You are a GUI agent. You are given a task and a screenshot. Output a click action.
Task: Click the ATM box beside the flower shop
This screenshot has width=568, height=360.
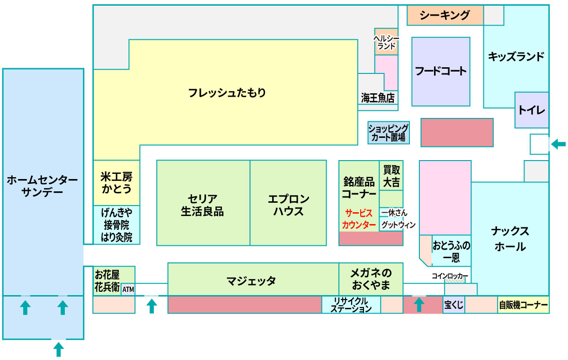(128, 289)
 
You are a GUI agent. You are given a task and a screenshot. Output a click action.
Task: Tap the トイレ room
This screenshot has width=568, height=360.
(532, 110)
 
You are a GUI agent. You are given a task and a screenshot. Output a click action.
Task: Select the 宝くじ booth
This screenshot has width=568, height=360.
(453, 305)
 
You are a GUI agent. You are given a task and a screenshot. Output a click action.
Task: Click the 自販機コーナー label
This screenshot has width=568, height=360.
(524, 305)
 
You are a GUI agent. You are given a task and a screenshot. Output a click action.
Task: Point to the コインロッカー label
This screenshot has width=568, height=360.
(450, 276)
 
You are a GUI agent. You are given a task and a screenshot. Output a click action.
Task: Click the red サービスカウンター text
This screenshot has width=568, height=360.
(359, 219)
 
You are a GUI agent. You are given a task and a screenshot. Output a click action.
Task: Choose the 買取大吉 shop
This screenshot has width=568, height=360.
(391, 176)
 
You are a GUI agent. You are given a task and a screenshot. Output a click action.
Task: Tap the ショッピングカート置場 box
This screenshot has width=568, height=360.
(389, 133)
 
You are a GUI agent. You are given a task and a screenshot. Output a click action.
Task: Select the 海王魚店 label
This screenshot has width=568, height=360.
(378, 98)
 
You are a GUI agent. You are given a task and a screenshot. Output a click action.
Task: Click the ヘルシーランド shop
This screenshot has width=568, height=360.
(386, 42)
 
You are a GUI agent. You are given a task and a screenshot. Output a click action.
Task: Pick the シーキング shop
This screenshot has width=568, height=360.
(445, 15)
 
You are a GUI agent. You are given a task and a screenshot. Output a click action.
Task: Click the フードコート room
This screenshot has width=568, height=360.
(441, 72)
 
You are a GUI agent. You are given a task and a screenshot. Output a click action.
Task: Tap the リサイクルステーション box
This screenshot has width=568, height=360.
(351, 305)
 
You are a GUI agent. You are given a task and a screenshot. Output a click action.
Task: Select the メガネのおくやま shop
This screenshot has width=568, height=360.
(371, 279)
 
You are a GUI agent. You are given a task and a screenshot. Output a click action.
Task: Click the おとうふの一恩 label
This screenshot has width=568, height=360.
(452, 252)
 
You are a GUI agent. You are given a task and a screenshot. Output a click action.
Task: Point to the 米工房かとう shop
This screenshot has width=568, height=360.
(116, 183)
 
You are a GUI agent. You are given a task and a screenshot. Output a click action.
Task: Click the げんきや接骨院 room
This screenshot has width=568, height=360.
(116, 225)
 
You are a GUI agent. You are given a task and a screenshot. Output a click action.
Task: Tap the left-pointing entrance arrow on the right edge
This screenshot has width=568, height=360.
(559, 144)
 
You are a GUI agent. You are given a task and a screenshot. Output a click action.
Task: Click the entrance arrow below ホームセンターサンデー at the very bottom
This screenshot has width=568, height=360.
(59, 350)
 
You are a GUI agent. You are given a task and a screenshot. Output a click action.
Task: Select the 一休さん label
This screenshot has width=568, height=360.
(394, 213)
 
